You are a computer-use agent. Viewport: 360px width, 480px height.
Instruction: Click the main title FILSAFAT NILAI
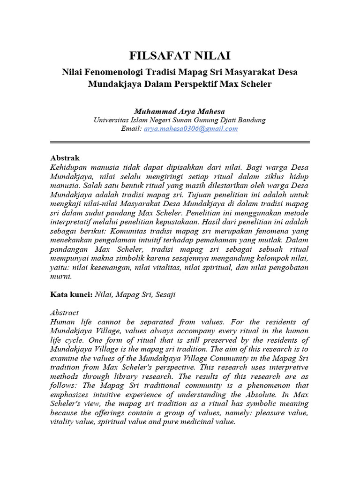(x=180, y=56)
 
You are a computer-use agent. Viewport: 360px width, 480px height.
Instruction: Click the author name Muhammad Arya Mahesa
(x=180, y=111)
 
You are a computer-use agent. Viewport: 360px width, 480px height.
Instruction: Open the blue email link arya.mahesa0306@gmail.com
(x=191, y=129)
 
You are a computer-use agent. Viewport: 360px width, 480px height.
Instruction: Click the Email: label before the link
(x=131, y=129)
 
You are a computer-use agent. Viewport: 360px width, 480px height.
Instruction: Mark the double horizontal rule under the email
(x=180, y=142)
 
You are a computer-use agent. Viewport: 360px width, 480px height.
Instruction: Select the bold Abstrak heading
(x=65, y=158)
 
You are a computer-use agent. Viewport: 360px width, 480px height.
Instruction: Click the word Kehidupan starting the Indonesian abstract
(x=68, y=167)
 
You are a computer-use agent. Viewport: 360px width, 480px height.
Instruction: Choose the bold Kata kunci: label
(x=71, y=295)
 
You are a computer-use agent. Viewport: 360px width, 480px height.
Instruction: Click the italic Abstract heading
(x=64, y=313)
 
